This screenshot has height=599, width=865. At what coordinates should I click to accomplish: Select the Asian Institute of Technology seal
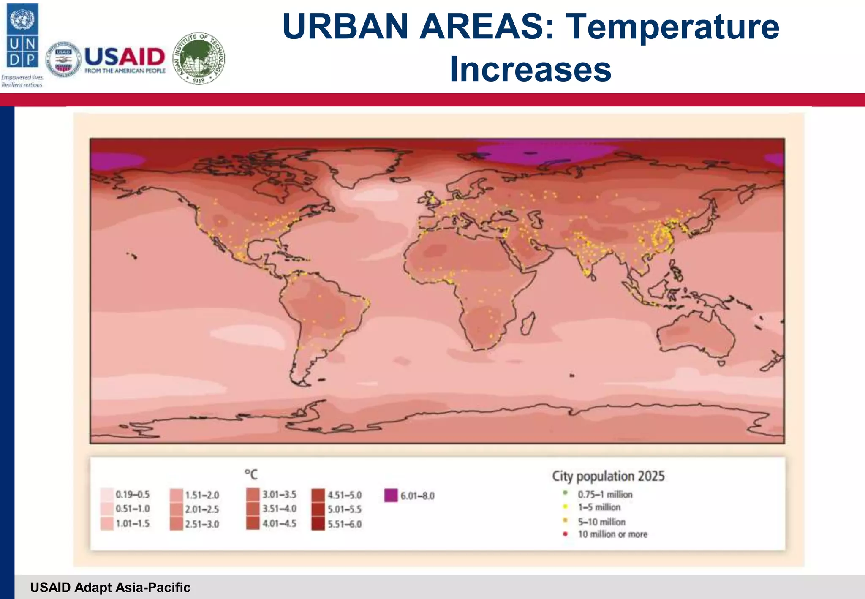[199, 59]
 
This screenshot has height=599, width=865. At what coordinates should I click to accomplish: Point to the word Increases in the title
[530, 69]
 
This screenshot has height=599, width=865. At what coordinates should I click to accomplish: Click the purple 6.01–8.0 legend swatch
[391, 495]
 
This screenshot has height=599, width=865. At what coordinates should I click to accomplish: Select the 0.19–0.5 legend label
[133, 494]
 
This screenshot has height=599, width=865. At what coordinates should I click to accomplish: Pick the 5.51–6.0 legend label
[345, 524]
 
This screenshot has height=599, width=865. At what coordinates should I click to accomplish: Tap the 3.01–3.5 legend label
[279, 494]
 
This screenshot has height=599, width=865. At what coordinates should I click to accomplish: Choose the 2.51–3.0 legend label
[202, 524]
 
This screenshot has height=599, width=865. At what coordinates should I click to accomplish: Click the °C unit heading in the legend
[251, 474]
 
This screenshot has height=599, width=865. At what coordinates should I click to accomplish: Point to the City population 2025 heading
[608, 476]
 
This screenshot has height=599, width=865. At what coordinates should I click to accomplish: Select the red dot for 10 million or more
[565, 534]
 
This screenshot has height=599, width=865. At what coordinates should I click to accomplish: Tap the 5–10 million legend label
[601, 522]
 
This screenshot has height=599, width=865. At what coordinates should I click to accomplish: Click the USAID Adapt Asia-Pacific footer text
[110, 587]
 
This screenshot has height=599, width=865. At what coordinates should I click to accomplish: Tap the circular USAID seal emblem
[63, 60]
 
